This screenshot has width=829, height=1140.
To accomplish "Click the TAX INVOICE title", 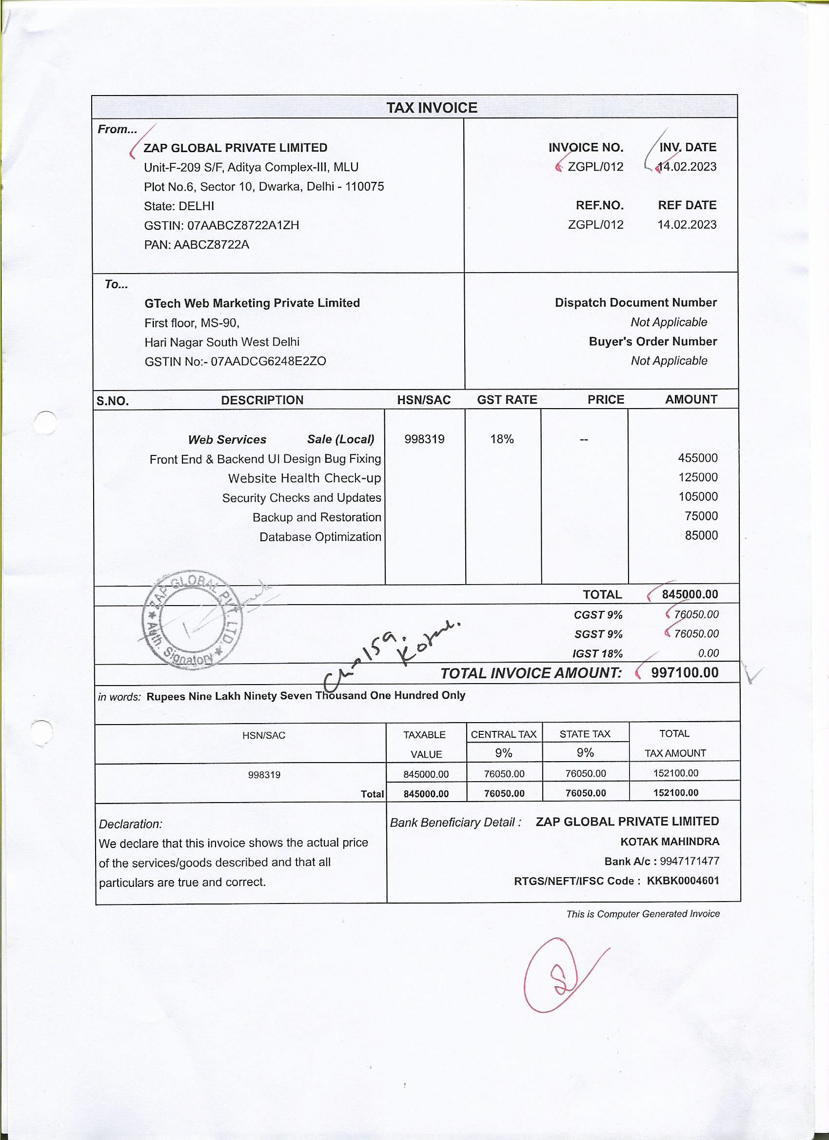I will (432, 108).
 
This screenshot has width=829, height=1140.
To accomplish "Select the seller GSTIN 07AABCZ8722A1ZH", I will (243, 225).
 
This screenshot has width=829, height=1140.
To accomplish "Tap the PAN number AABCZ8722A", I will (211, 245).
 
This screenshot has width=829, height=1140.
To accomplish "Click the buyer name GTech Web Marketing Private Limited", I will (252, 303).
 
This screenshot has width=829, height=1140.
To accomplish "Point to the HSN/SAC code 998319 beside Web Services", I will (424, 439).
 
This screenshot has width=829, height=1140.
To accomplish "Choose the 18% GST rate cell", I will (502, 439).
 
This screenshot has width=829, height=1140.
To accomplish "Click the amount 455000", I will (697, 458).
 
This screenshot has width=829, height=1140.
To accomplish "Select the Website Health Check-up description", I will (304, 478).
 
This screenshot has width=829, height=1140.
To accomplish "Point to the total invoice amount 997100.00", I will (684, 672).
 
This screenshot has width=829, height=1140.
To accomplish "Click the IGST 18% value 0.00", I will (708, 653).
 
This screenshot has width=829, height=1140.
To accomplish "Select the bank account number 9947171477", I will (689, 861).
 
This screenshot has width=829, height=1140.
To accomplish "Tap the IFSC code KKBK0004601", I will (683, 881).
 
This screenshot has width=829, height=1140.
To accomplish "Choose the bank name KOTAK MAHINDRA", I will (670, 842).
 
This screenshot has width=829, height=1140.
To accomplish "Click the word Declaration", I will (130, 824).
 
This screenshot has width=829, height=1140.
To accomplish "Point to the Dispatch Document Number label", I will (635, 303).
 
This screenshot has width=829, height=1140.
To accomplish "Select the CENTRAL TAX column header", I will (503, 734).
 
